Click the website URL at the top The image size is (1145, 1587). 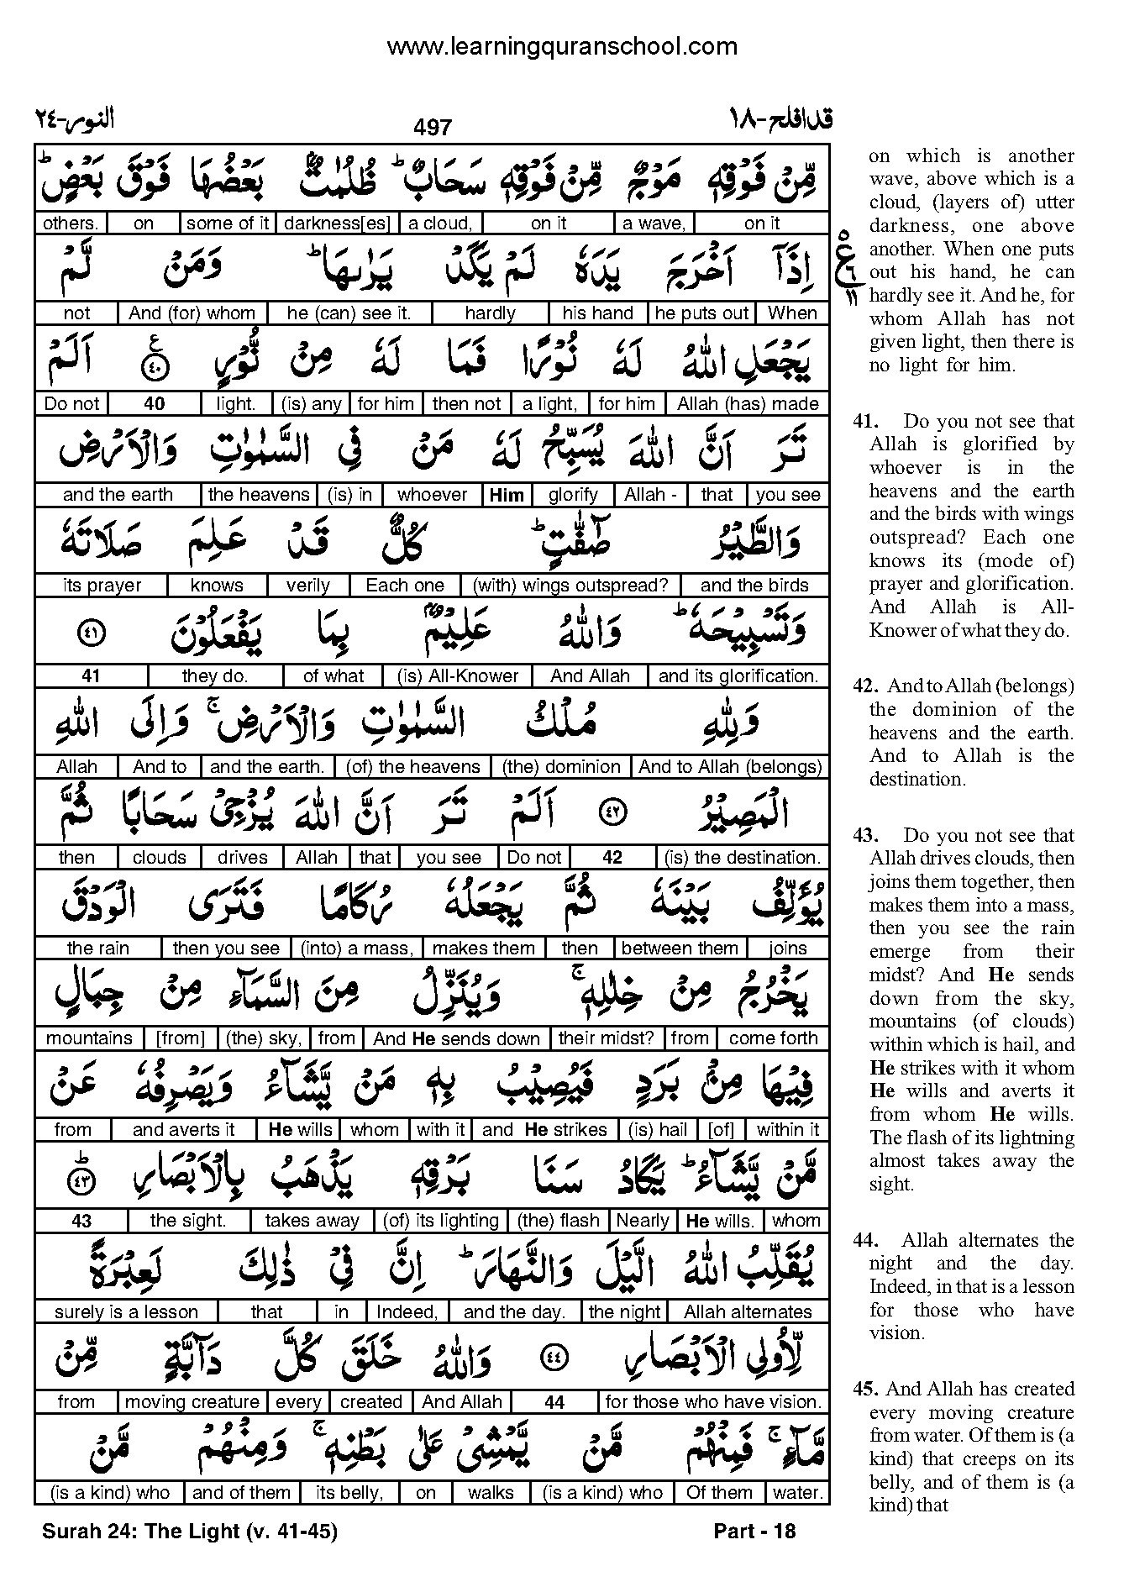(562, 47)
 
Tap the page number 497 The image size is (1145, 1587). (433, 127)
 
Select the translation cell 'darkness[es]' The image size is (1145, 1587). (336, 223)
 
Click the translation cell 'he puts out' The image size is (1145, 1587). (701, 313)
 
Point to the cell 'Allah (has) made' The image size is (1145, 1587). (748, 404)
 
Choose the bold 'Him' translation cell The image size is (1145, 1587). (506, 495)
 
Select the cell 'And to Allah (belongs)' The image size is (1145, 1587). (729, 767)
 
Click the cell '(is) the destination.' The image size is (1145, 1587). (742, 858)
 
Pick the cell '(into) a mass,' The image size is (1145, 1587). (357, 949)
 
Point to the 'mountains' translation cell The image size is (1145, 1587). (89, 1038)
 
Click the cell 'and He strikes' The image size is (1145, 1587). (544, 1130)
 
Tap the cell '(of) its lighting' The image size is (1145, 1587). (440, 1221)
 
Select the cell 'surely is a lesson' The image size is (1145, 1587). (126, 1311)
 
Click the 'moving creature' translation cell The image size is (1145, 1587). (192, 1402)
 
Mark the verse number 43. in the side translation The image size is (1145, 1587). (865, 836)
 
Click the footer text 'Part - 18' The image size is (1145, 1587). (754, 1531)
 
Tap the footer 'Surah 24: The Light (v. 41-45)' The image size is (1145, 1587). (189, 1531)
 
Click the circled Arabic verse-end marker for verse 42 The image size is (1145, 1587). (612, 813)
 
